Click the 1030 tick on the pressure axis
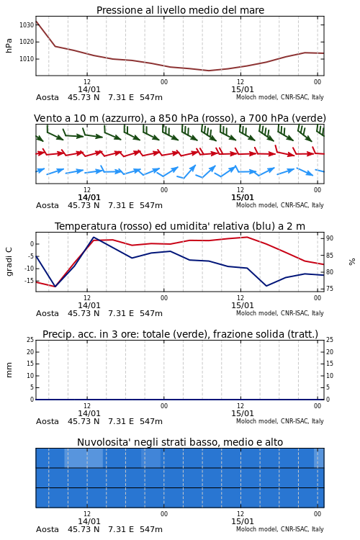27,24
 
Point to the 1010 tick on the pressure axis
27,59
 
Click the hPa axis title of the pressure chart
9,45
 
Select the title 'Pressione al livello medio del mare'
180,10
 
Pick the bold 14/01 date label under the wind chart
89,198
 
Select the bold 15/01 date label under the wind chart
243,198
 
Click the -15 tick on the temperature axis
29,281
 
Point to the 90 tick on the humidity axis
330,238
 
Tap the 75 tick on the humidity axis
330,289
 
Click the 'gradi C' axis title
9,262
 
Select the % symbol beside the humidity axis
352,262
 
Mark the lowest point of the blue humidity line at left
55,287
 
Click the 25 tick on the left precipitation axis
30,340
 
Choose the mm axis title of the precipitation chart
9,370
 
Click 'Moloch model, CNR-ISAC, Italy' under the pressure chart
280,97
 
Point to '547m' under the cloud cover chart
151,529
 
